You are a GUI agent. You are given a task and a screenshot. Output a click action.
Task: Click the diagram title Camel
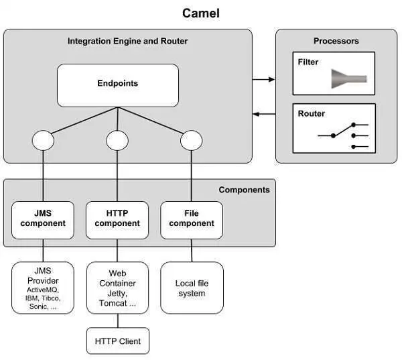click(x=201, y=13)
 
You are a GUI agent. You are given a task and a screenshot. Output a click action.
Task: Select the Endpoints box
click(x=117, y=85)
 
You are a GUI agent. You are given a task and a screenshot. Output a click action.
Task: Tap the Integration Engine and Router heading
click(x=127, y=42)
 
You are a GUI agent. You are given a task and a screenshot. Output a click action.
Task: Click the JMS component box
click(x=43, y=219)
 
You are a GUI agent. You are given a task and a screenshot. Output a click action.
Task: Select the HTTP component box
click(x=117, y=219)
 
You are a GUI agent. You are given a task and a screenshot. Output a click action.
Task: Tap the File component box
click(x=192, y=219)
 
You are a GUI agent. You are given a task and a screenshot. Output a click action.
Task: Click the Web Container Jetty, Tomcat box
click(x=117, y=288)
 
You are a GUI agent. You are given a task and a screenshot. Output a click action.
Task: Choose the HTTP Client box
click(x=117, y=341)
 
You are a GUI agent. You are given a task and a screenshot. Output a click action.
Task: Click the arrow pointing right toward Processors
click(x=264, y=79)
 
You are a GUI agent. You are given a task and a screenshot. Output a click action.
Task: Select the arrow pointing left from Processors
click(x=264, y=114)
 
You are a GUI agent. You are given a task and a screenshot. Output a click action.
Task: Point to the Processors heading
click(x=336, y=42)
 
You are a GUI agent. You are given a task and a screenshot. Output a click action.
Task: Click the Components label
click(x=244, y=190)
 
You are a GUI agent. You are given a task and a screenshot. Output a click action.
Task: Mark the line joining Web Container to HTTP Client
click(x=117, y=321)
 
